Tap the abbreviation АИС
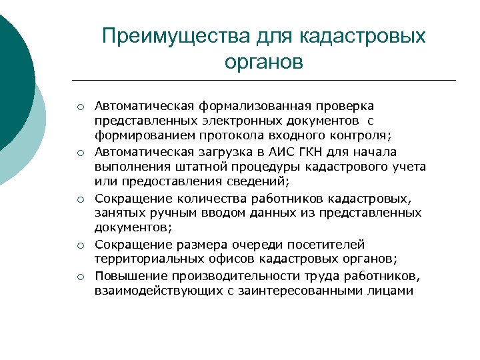[288, 151]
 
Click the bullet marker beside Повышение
[79, 276]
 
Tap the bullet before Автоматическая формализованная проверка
[79, 107]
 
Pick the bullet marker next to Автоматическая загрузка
[79, 152]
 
